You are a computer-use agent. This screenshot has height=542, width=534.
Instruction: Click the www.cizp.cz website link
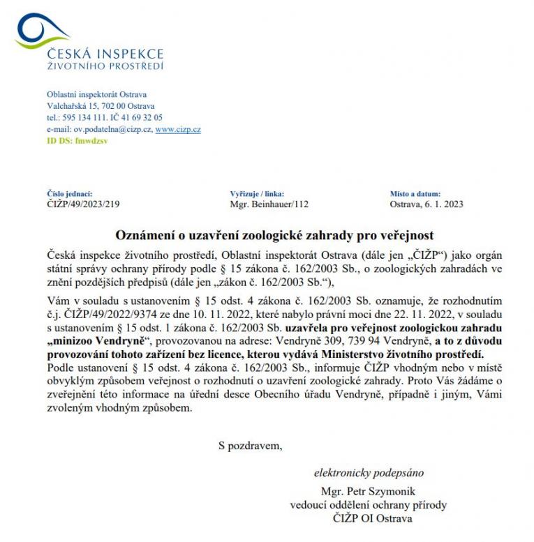tap(178, 130)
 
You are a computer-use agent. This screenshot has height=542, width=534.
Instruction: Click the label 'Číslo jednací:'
tap(69, 193)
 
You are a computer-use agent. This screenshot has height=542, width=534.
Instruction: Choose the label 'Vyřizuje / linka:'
tap(256, 193)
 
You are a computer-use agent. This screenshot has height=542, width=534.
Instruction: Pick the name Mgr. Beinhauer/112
tap(269, 204)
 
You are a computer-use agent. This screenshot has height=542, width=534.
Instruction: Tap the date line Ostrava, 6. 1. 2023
tap(427, 204)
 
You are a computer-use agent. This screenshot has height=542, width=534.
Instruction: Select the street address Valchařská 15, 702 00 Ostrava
tap(101, 106)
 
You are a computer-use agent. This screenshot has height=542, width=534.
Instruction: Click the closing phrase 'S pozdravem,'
tap(250, 444)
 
